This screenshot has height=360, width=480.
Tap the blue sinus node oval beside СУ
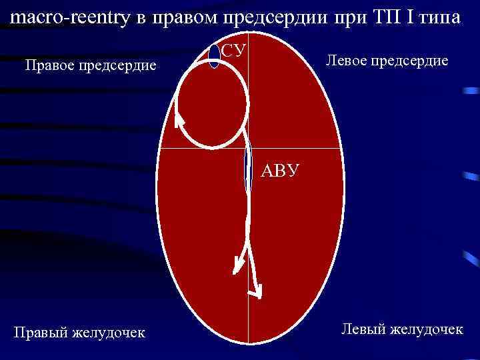click(x=214, y=56)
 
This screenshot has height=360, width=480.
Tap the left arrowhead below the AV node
click(x=236, y=266)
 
